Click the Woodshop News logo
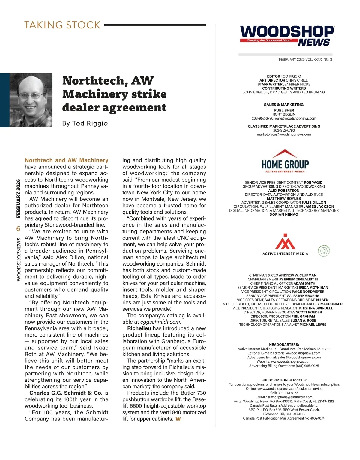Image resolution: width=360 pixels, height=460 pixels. click(287, 36)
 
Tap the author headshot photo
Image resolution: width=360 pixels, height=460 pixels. click(31, 100)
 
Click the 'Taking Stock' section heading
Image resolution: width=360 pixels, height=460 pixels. click(62, 25)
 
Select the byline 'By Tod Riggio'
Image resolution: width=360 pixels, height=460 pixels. click(85, 123)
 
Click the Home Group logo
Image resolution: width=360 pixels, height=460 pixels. click(285, 162)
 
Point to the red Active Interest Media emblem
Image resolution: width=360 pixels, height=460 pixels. click(285, 242)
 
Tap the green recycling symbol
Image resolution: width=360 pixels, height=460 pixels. click(324, 251)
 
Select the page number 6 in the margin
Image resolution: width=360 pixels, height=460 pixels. click(18, 229)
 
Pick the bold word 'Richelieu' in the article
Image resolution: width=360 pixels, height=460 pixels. click(139, 328)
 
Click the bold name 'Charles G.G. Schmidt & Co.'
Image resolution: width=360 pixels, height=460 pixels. click(66, 393)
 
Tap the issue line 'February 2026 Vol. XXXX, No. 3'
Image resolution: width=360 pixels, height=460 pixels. click(305, 60)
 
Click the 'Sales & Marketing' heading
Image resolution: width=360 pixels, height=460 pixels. click(284, 105)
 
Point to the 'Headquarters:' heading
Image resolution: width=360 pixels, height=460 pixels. click(284, 345)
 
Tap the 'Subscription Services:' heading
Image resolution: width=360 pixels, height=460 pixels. click(284, 380)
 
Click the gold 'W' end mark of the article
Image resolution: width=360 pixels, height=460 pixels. click(178, 419)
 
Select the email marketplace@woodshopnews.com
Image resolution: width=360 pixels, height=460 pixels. click(284, 135)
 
